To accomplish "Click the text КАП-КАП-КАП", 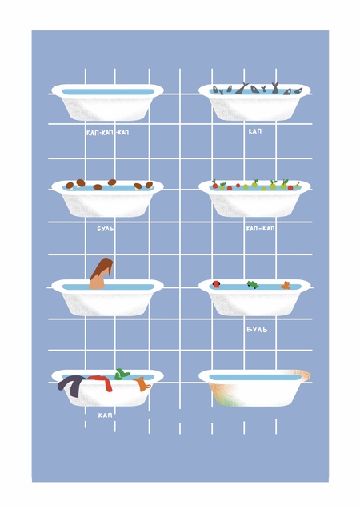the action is (107, 133).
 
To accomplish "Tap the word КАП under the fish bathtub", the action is (255, 131).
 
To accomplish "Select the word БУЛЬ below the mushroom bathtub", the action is (106, 229).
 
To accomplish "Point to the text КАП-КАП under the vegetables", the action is (260, 229).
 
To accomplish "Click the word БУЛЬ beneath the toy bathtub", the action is (257, 330).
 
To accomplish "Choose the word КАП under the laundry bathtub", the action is (105, 415).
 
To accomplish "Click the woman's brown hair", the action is (102, 268).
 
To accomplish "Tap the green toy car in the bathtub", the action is (253, 285).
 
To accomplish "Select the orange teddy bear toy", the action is (286, 285).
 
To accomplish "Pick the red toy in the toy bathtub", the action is (216, 284).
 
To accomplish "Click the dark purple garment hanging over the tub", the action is (71, 385).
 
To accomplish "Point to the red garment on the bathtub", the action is (102, 382).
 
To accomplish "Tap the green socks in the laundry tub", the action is (122, 374).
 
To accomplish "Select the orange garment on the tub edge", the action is (142, 383).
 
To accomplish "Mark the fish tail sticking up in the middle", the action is (242, 88).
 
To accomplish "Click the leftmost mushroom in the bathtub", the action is (70, 186).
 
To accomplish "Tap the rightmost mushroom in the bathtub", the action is (149, 185).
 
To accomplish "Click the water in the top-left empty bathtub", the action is (108, 92).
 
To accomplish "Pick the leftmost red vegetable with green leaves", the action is (214, 185).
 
